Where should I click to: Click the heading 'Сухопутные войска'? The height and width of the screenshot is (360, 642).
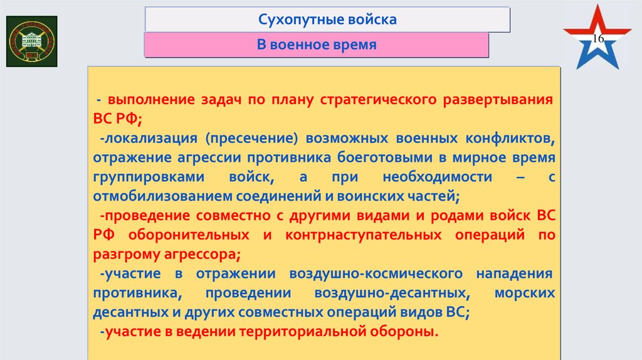point(327,19)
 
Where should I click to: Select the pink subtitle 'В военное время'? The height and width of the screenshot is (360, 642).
point(317,45)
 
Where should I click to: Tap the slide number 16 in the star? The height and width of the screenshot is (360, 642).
point(597,40)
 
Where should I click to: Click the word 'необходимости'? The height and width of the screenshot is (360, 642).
point(423,177)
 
